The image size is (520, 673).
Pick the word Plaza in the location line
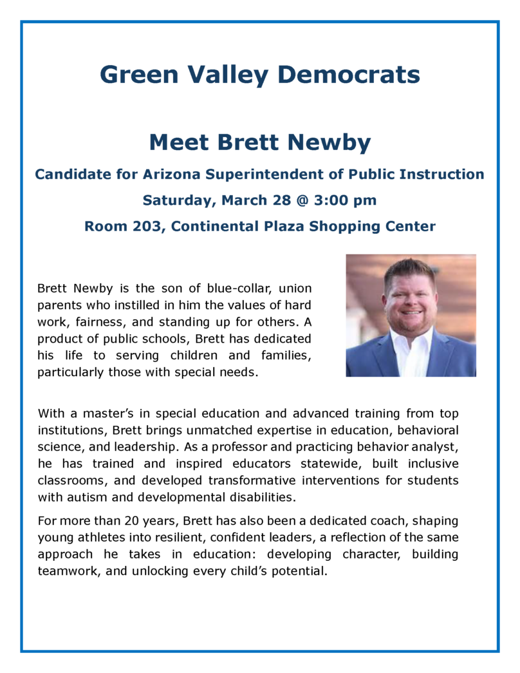pyautogui.click(x=298, y=227)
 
